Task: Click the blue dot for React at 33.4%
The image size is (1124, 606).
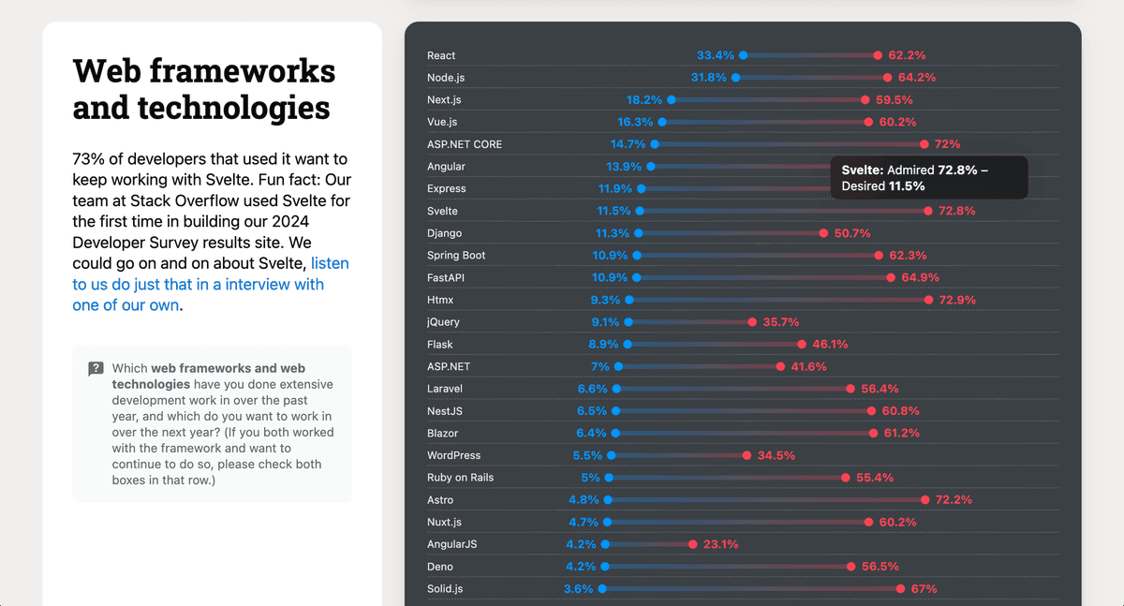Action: pyautogui.click(x=743, y=55)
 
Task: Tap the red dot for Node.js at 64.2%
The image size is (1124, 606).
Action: pyautogui.click(x=887, y=78)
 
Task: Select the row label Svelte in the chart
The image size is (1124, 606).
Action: pyautogui.click(x=442, y=211)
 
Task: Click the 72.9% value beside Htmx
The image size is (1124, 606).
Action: pyautogui.click(x=957, y=300)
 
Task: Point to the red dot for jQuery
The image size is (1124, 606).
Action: pyautogui.click(x=752, y=322)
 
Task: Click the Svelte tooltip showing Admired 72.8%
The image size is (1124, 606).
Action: pyautogui.click(x=928, y=177)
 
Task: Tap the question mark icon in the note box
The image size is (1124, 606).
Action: pyautogui.click(x=96, y=369)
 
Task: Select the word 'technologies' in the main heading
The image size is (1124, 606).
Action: pyautogui.click(x=201, y=107)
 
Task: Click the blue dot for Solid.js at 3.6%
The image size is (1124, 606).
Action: pyautogui.click(x=601, y=589)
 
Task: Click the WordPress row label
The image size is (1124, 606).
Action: pyautogui.click(x=453, y=455)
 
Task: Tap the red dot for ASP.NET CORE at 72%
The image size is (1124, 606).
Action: pyautogui.click(x=924, y=144)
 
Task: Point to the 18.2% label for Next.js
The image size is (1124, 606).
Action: pyautogui.click(x=644, y=99)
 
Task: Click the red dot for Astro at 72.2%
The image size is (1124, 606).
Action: pyautogui.click(x=924, y=500)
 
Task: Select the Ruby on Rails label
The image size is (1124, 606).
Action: pyautogui.click(x=460, y=478)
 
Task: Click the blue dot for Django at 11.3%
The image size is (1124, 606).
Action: pyautogui.click(x=639, y=233)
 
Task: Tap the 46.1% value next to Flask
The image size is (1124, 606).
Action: pyautogui.click(x=830, y=344)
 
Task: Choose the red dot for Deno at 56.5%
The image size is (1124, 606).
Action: pyautogui.click(x=850, y=567)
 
